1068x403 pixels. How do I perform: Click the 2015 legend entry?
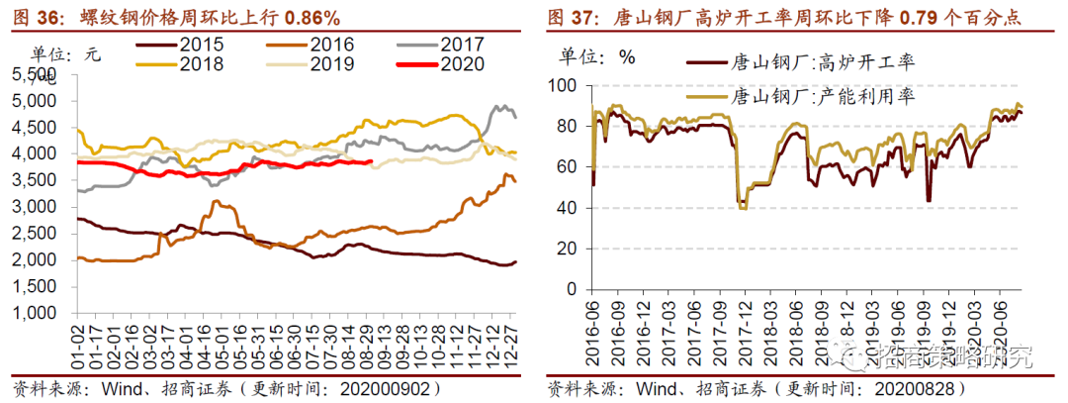pyautogui.click(x=201, y=45)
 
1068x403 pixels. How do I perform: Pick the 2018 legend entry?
pyautogui.click(x=201, y=64)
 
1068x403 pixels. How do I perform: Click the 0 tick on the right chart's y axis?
pyautogui.click(x=571, y=288)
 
